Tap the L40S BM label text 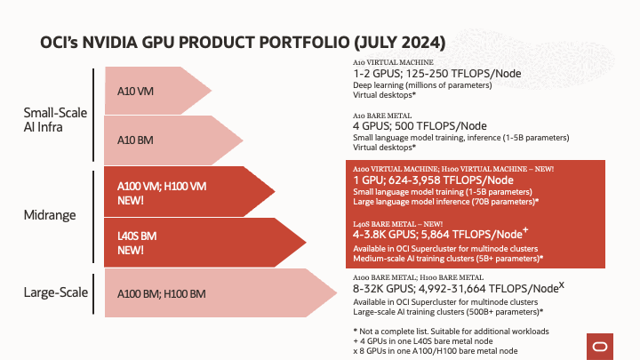coord(138,237)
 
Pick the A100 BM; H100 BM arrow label coord(162,293)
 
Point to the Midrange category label coord(49,215)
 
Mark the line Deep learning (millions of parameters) coord(422,84)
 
